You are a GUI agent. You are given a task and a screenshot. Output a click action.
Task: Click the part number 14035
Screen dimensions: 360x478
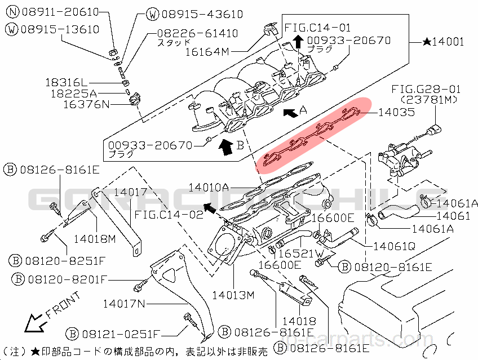pos(396,112)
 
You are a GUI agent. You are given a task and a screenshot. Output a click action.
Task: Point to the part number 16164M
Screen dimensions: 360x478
pos(207,51)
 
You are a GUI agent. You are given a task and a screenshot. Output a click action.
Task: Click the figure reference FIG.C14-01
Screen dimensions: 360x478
pos(317,27)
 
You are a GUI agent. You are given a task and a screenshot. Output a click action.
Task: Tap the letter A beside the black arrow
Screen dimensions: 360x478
pos(303,111)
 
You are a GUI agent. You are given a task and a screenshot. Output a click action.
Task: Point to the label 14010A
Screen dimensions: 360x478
pos(209,186)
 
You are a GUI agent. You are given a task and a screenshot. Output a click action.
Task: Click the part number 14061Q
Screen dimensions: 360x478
pos(393,246)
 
